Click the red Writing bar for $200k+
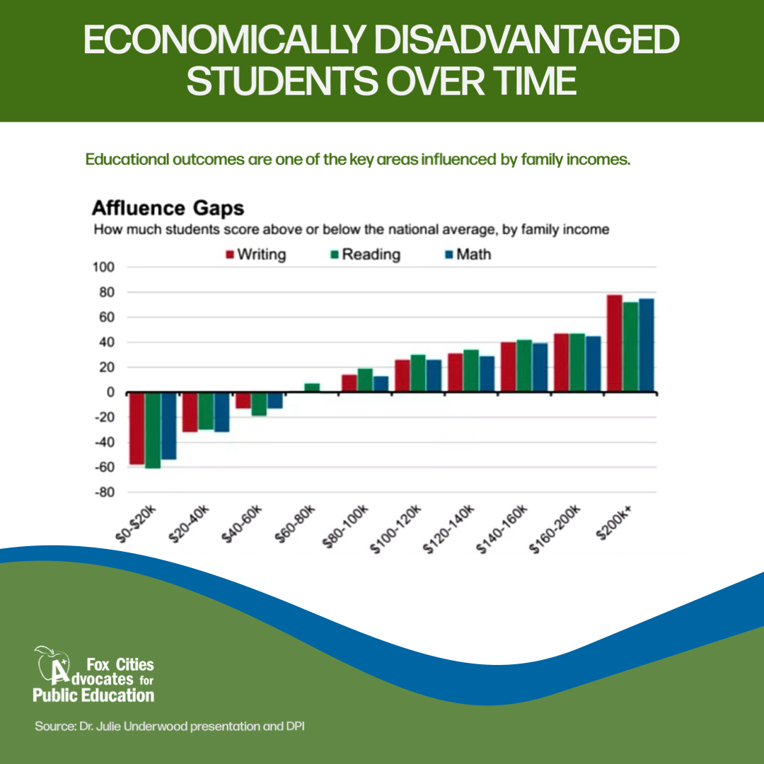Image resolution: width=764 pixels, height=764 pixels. coord(614,343)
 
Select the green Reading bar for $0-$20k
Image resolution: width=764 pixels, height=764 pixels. coord(153,430)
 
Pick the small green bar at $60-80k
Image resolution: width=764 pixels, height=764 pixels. coord(312,388)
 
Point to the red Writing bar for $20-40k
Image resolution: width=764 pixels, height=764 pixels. coord(190,412)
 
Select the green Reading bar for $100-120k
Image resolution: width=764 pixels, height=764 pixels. coord(417,373)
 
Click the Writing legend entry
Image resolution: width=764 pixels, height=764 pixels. coord(255,255)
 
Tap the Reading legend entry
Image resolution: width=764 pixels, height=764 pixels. coord(364,255)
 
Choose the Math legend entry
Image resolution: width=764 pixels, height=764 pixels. coord(466,255)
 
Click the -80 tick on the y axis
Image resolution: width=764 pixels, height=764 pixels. coord(103,492)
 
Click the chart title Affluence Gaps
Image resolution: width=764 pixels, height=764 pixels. coord(168,209)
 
